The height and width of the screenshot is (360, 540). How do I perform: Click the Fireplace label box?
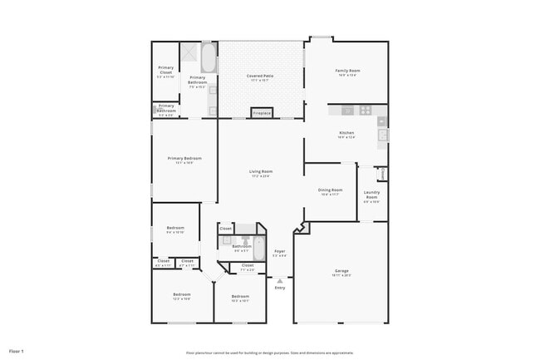[x=263, y=113]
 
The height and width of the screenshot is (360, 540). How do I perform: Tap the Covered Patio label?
[x=260, y=78]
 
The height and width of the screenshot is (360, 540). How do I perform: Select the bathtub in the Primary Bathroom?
[x=209, y=58]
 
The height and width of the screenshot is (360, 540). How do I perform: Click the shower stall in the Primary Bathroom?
[x=190, y=53]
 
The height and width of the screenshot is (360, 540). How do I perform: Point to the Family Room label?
[x=346, y=72]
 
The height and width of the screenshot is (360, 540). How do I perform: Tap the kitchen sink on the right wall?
[x=382, y=135]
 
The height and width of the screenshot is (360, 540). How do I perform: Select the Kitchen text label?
[x=346, y=135]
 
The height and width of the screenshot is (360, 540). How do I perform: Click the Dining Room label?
[x=330, y=191]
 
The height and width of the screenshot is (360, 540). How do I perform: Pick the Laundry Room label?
[x=371, y=197]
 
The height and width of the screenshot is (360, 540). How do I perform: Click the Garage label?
[x=341, y=272]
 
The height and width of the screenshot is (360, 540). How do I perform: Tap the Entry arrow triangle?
[x=280, y=281]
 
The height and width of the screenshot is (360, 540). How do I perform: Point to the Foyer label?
[x=280, y=252]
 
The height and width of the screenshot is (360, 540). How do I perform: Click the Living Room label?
[x=261, y=174]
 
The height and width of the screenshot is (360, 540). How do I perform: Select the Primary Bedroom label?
[x=184, y=160]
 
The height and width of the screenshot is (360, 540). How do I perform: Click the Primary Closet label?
[x=166, y=73]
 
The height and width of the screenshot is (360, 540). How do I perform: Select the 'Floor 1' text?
[x=17, y=351]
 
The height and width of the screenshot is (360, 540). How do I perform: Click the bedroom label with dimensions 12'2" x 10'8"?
[x=182, y=296]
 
